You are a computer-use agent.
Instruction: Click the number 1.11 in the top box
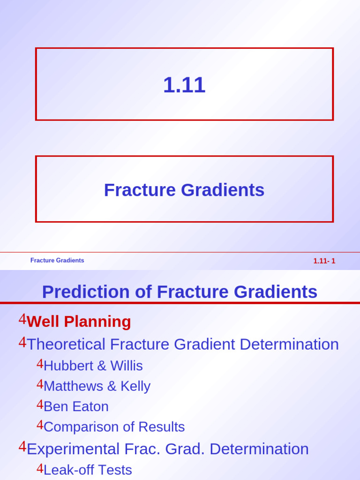pos(184,85)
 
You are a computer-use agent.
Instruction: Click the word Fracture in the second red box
pos(140,190)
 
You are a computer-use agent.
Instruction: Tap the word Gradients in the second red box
pos(223,190)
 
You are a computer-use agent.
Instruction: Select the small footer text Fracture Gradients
pos(57,260)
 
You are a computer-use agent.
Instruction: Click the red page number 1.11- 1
pos(324,261)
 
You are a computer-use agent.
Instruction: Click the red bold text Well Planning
pos(79,322)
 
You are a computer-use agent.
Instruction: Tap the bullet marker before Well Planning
pos(22,319)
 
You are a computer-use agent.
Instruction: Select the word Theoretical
pos(66,344)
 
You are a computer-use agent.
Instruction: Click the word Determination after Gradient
pos(289,344)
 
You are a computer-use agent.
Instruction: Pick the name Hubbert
pos(68,366)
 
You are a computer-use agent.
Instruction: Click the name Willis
pos(127,366)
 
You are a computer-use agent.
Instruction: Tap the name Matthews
pos(74,386)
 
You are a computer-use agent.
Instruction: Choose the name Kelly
pos(135,387)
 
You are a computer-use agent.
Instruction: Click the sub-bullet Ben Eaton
pos(76,406)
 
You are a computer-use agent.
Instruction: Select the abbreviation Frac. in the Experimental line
pos(142,449)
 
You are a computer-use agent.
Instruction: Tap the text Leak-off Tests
pos(88,470)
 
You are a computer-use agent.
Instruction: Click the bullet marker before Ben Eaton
pos(40,405)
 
